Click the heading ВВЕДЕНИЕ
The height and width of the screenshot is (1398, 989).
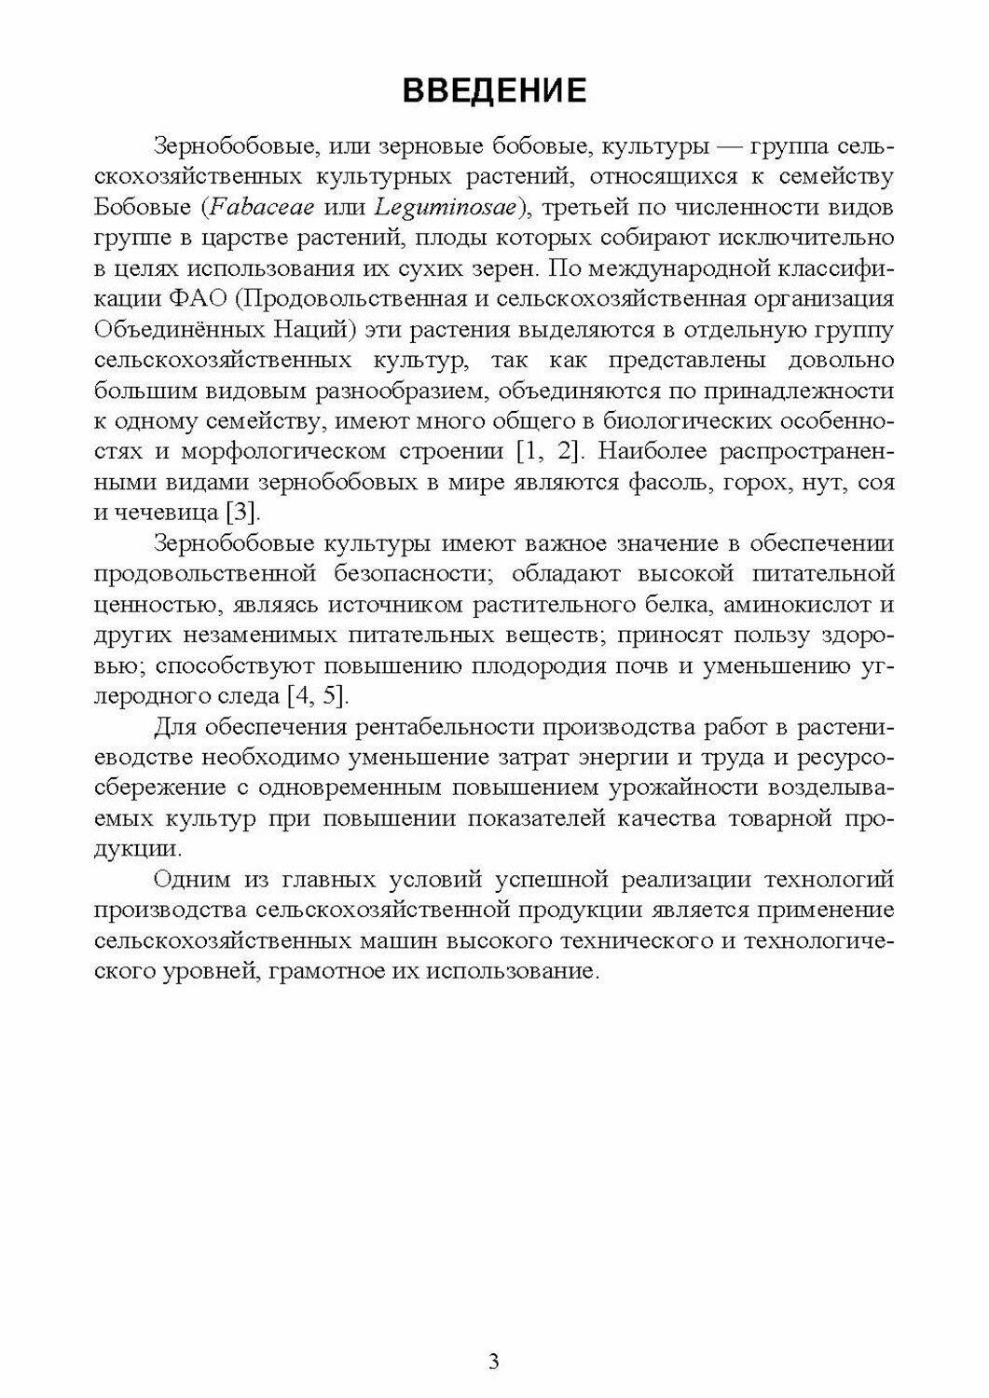tap(494, 90)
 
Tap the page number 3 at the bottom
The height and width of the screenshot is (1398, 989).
tap(494, 1362)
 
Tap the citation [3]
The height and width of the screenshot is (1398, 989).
tap(245, 514)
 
